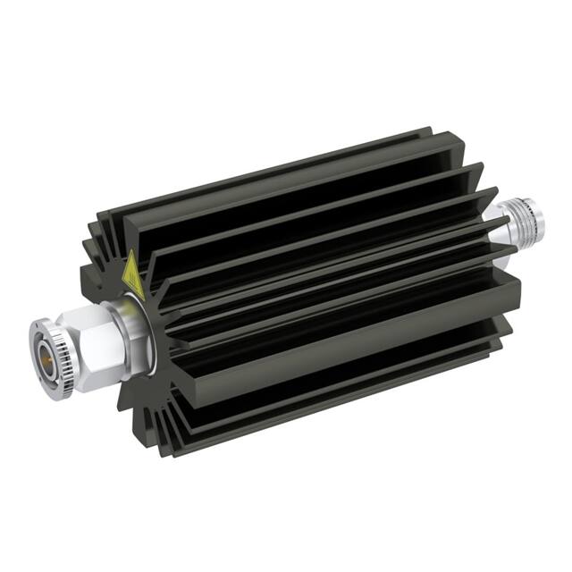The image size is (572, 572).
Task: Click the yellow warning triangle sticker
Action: coord(132,275)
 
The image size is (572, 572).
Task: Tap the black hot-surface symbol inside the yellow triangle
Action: coord(131,279)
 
